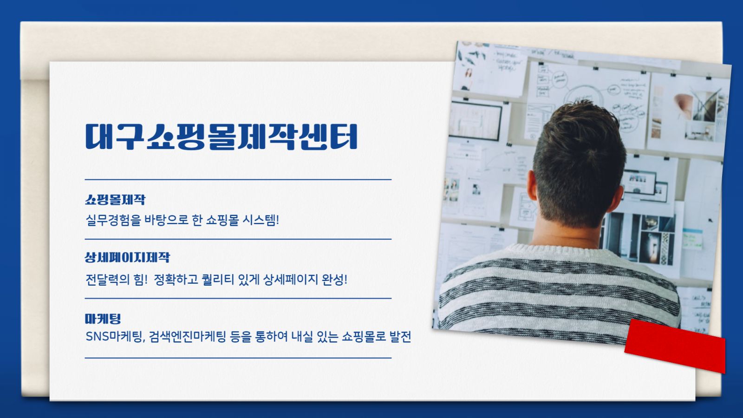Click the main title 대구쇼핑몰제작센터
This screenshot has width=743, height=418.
[x=221, y=137]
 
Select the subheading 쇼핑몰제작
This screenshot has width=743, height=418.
[x=115, y=199]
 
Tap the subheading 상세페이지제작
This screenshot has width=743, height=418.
[x=127, y=257]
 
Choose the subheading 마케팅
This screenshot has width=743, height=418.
[x=103, y=319]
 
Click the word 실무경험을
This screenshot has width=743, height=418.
[x=113, y=220]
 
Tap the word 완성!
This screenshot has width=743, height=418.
[x=335, y=279]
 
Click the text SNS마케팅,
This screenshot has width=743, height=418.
[x=116, y=336]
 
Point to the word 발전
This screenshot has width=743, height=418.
[x=400, y=336]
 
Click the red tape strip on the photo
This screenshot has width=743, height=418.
[x=675, y=346]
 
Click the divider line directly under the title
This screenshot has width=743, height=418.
[x=238, y=179]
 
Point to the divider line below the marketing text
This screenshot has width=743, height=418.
[x=238, y=358]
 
